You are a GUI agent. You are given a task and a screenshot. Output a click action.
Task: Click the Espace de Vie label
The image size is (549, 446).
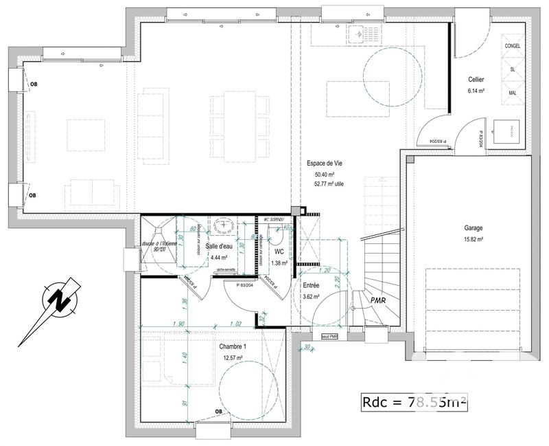point(325,164)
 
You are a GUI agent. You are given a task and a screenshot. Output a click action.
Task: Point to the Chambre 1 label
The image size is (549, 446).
point(233,347)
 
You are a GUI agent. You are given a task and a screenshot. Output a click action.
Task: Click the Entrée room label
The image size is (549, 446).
point(312,285)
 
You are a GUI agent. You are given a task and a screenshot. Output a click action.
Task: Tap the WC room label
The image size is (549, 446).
point(279,252)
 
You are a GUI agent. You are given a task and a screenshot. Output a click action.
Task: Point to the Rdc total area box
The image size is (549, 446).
point(414,403)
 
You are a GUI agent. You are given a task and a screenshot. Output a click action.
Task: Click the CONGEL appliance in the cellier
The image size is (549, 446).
point(513,45)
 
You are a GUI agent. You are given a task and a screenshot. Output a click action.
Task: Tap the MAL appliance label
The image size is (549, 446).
point(513,92)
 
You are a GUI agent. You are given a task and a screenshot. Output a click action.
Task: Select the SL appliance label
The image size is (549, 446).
point(513,69)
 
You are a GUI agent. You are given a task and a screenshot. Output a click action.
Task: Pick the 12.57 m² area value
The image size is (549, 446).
point(233,357)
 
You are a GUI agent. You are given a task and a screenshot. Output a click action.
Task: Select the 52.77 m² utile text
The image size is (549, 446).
point(329,184)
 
